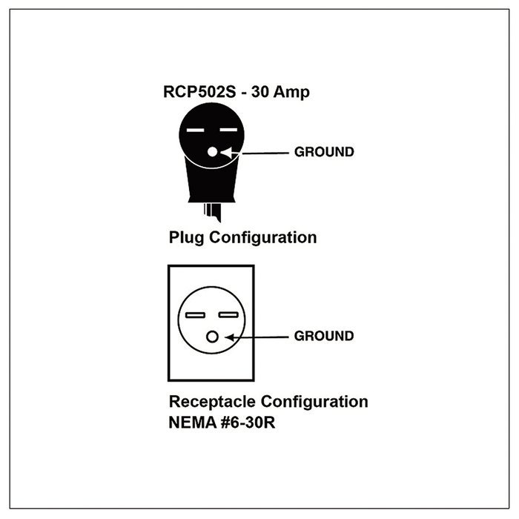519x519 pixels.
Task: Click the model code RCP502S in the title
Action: point(199,92)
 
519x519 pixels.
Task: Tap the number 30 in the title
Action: point(259,92)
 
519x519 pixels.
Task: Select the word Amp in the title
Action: point(291,93)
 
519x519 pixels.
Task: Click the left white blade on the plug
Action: point(195,130)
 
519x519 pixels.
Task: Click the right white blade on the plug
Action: point(228,130)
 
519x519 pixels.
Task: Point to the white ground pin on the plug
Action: point(212,152)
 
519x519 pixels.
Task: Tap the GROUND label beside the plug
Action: point(324,152)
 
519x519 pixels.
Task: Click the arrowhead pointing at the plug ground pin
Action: point(228,153)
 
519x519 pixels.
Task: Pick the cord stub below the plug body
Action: point(213,212)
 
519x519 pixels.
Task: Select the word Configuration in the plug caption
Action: point(262,238)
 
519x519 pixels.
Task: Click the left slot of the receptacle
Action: point(195,315)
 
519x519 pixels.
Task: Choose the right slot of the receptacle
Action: point(228,314)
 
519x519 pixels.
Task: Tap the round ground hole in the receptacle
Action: point(212,337)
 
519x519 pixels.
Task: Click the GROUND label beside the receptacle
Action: point(324,336)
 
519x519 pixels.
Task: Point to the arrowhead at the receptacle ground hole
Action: point(231,337)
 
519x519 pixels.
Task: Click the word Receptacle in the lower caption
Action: point(212,402)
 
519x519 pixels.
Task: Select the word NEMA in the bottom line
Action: point(192,423)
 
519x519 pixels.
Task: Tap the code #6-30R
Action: point(248,423)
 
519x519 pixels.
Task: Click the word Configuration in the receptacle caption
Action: point(314,402)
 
